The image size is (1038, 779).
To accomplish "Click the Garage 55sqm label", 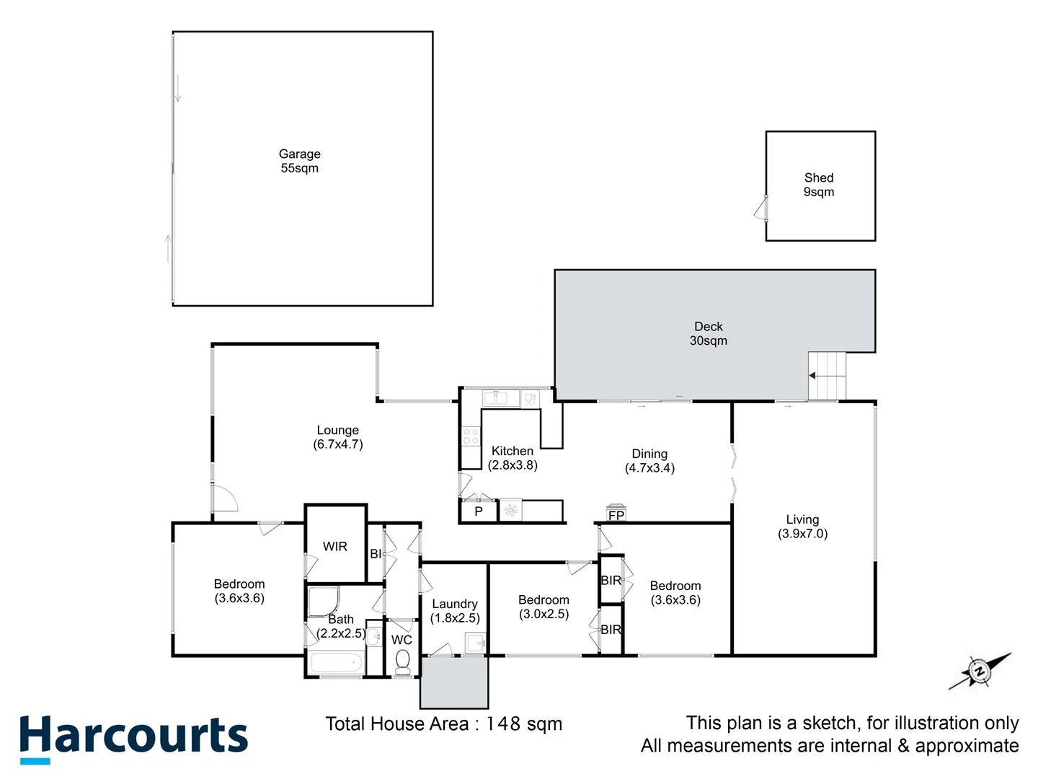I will click(x=299, y=161).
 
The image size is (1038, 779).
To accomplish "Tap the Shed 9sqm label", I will click(x=819, y=185).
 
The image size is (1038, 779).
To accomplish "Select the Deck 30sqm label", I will click(x=708, y=333).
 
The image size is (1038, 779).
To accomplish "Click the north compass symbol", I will click(x=979, y=672).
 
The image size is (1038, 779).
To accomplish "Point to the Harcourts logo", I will click(x=133, y=737).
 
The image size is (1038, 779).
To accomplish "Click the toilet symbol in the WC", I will click(x=402, y=661).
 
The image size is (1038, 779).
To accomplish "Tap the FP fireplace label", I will click(x=616, y=515).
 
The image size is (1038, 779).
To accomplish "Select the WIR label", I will click(x=334, y=546).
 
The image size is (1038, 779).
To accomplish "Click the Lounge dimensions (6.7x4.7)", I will click(x=337, y=444).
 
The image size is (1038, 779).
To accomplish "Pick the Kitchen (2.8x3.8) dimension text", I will click(x=513, y=465).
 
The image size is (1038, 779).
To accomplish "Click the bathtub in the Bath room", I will click(x=335, y=662).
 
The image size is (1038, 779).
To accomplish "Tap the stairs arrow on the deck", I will click(x=812, y=376).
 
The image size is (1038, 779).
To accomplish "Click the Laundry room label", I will click(x=454, y=604).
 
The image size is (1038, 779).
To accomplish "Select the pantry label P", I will click(x=478, y=511).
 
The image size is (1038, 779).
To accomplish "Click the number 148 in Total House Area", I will click(x=502, y=723).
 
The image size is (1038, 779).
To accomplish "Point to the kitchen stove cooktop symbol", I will click(x=471, y=436).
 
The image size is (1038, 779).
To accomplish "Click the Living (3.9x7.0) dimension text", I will click(x=802, y=534).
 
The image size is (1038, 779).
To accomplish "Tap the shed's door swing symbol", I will click(x=760, y=208).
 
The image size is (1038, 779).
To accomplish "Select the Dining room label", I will click(x=649, y=454).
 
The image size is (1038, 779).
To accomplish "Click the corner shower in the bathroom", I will click(x=323, y=601).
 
